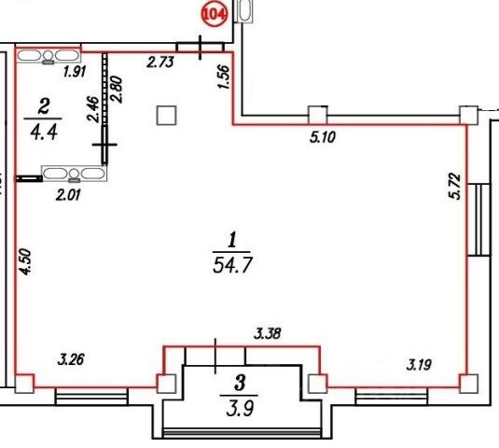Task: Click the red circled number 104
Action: coord(215,15)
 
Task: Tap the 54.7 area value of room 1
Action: coord(232,265)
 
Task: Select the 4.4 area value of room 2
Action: coord(44,132)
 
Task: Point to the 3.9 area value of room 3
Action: coord(241,408)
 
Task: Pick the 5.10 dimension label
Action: coord(323,137)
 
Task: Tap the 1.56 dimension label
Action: coord(225,77)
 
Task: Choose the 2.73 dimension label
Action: coord(160,62)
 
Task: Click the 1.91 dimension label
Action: coord(75,72)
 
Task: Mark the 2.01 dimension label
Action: coord(68,194)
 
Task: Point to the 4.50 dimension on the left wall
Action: coord(25,262)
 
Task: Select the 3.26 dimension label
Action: coord(71,359)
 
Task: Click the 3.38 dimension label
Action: coord(268,333)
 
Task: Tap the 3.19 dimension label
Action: coord(419,365)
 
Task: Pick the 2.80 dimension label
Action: coord(117,89)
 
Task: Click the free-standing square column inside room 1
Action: coord(166,115)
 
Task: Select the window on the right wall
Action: coord(478,219)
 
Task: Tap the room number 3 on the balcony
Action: coord(240,383)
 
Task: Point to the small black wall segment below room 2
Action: coord(29,178)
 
